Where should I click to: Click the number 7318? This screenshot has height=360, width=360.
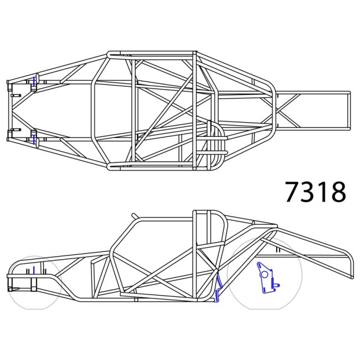point(316,192)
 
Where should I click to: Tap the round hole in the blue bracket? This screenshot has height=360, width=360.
point(265,273)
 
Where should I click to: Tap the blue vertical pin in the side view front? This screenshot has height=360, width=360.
point(34,270)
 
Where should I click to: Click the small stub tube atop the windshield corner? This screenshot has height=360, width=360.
point(135,215)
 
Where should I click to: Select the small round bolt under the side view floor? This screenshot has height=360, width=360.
point(136,301)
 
